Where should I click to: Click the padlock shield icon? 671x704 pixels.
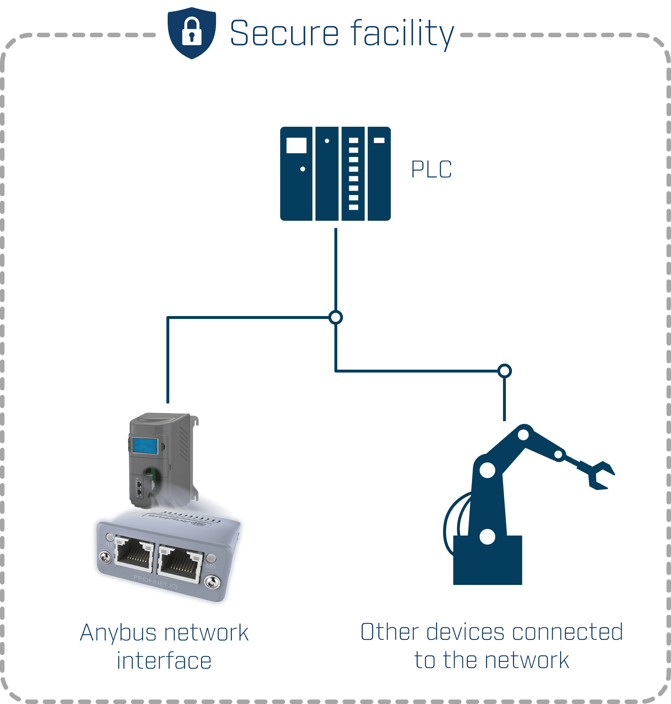(x=192, y=33)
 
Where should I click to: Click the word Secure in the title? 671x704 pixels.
(x=284, y=33)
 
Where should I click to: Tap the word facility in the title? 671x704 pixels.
(x=402, y=34)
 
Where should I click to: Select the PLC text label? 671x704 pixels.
(x=432, y=169)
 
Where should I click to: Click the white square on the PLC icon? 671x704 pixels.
(x=296, y=145)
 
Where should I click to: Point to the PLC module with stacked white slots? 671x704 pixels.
(x=353, y=174)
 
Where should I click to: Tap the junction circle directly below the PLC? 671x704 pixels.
(x=335, y=317)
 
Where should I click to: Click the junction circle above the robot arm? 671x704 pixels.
(x=504, y=371)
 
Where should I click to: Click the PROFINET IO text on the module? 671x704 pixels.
(x=155, y=582)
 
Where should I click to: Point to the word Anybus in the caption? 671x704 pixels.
(x=118, y=633)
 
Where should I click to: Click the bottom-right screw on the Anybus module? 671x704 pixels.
(x=213, y=582)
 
